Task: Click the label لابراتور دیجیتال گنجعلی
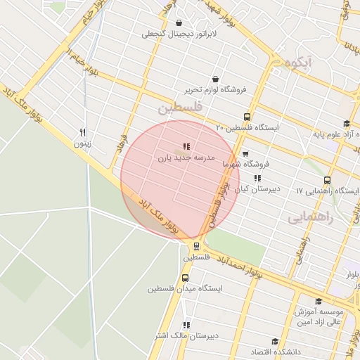[180, 33]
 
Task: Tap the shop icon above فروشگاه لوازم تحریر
[214, 79]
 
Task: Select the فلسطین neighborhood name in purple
[179, 108]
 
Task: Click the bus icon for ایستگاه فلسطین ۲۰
[247, 117]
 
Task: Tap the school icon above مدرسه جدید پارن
[186, 146]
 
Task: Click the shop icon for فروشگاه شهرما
[245, 153]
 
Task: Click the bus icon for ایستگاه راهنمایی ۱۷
[328, 180]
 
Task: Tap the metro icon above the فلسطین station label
[196, 247]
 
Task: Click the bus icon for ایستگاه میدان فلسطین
[186, 278]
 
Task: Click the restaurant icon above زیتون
[83, 131]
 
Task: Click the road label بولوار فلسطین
[219, 200]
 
